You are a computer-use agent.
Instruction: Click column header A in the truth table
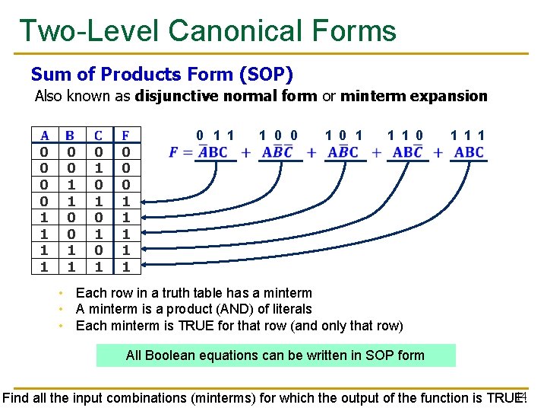pyautogui.click(x=45, y=135)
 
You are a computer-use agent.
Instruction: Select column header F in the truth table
pyautogui.click(x=126, y=135)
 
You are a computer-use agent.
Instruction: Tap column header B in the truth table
pyautogui.click(x=70, y=135)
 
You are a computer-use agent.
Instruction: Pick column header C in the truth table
pyautogui.click(x=98, y=135)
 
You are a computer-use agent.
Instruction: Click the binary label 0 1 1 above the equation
pyautogui.click(x=214, y=135)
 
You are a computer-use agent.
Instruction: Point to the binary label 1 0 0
pyautogui.click(x=278, y=135)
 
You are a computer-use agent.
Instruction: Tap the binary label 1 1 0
pyautogui.click(x=406, y=135)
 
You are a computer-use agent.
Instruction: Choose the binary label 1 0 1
pyautogui.click(x=343, y=135)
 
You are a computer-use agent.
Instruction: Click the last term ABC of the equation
pyautogui.click(x=469, y=152)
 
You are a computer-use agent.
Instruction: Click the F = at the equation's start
pyautogui.click(x=181, y=152)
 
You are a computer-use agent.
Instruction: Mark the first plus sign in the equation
pyautogui.click(x=245, y=153)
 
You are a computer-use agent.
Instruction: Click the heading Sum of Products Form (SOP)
pyautogui.click(x=162, y=75)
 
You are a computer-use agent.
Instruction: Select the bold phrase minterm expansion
pyautogui.click(x=413, y=96)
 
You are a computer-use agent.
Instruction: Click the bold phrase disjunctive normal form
pyautogui.click(x=226, y=96)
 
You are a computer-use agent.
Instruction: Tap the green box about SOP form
pyautogui.click(x=276, y=355)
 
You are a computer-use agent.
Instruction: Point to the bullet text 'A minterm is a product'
pyautogui.click(x=194, y=309)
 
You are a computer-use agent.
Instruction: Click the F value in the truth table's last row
pyautogui.click(x=126, y=267)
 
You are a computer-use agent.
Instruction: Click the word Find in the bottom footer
pyautogui.click(x=16, y=397)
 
